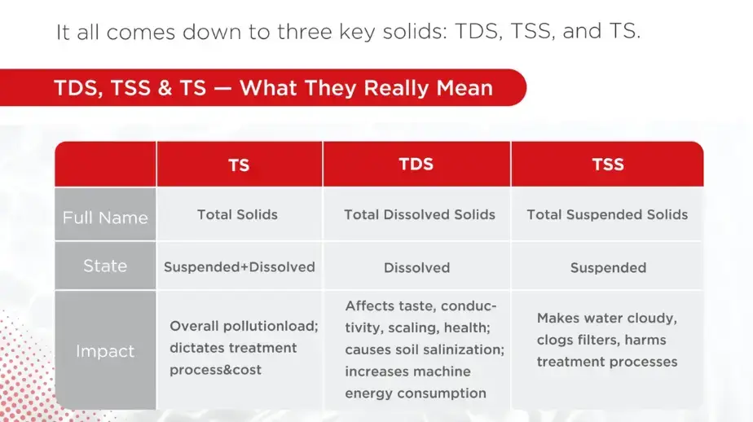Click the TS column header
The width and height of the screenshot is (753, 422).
(239, 165)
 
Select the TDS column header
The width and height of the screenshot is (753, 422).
(416, 165)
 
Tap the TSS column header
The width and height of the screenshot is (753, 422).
(608, 165)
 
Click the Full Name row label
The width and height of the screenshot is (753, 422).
(105, 218)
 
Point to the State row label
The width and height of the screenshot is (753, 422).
(105, 266)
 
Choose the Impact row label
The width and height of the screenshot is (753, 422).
(105, 351)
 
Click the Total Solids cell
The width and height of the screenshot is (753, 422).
(238, 214)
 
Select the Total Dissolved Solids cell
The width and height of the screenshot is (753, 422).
(419, 214)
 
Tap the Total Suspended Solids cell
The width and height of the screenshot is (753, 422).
(607, 214)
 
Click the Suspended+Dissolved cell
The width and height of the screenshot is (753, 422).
(239, 267)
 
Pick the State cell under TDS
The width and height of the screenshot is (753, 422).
(417, 267)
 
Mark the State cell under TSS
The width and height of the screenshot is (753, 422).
(608, 267)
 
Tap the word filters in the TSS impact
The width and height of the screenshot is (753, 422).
(590, 340)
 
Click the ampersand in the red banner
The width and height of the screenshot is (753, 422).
(165, 88)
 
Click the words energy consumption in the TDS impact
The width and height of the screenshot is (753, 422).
(416, 393)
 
